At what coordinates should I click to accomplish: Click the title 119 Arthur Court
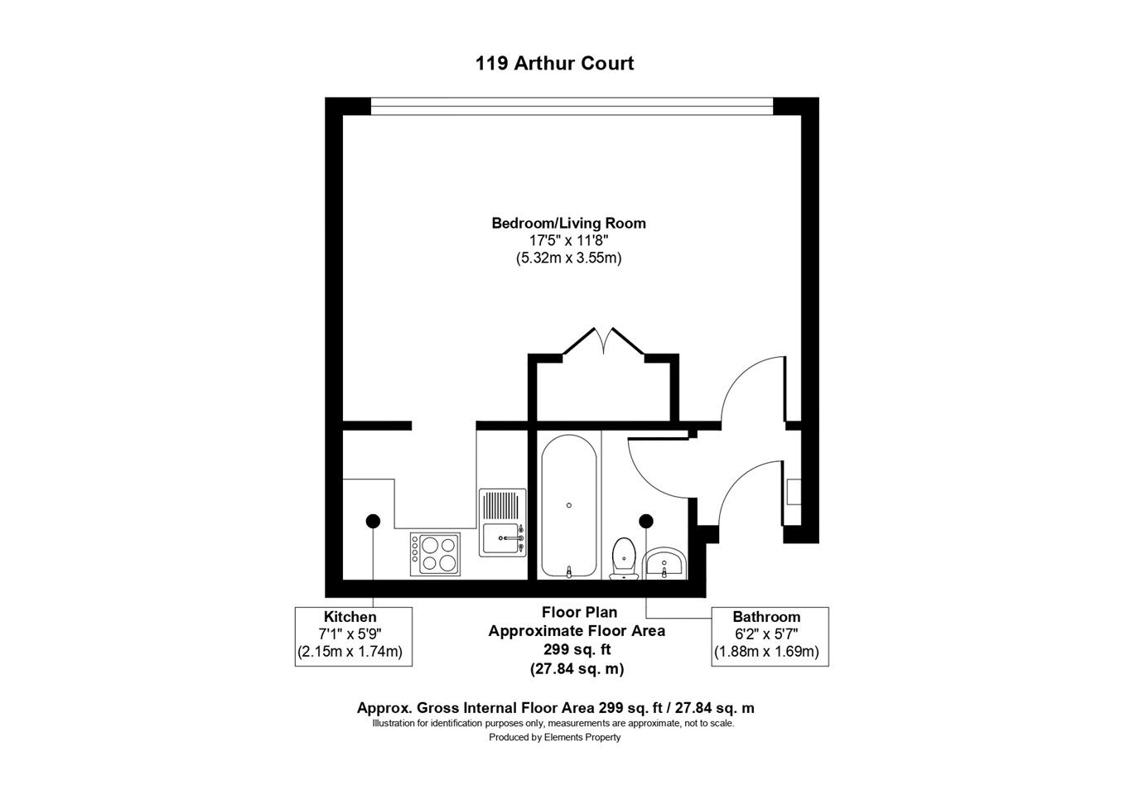point(554,63)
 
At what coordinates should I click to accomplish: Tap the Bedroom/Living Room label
point(568,223)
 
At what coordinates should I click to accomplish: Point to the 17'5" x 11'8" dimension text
point(568,240)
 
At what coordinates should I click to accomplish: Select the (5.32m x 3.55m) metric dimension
point(568,258)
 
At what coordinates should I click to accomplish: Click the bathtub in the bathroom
point(568,506)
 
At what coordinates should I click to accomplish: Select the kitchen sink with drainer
point(503,522)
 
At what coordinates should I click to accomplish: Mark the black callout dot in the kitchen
point(373,521)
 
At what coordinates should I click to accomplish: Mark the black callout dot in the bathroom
point(646,521)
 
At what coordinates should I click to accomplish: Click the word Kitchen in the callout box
point(350,617)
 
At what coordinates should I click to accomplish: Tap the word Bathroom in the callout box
point(766,617)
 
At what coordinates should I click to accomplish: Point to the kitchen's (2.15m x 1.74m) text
point(350,652)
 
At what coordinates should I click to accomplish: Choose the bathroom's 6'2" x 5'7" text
point(766,634)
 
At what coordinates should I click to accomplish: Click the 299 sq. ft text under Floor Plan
point(577,649)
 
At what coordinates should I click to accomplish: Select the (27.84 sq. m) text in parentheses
point(577,668)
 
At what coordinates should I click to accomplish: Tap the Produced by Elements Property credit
point(554,737)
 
